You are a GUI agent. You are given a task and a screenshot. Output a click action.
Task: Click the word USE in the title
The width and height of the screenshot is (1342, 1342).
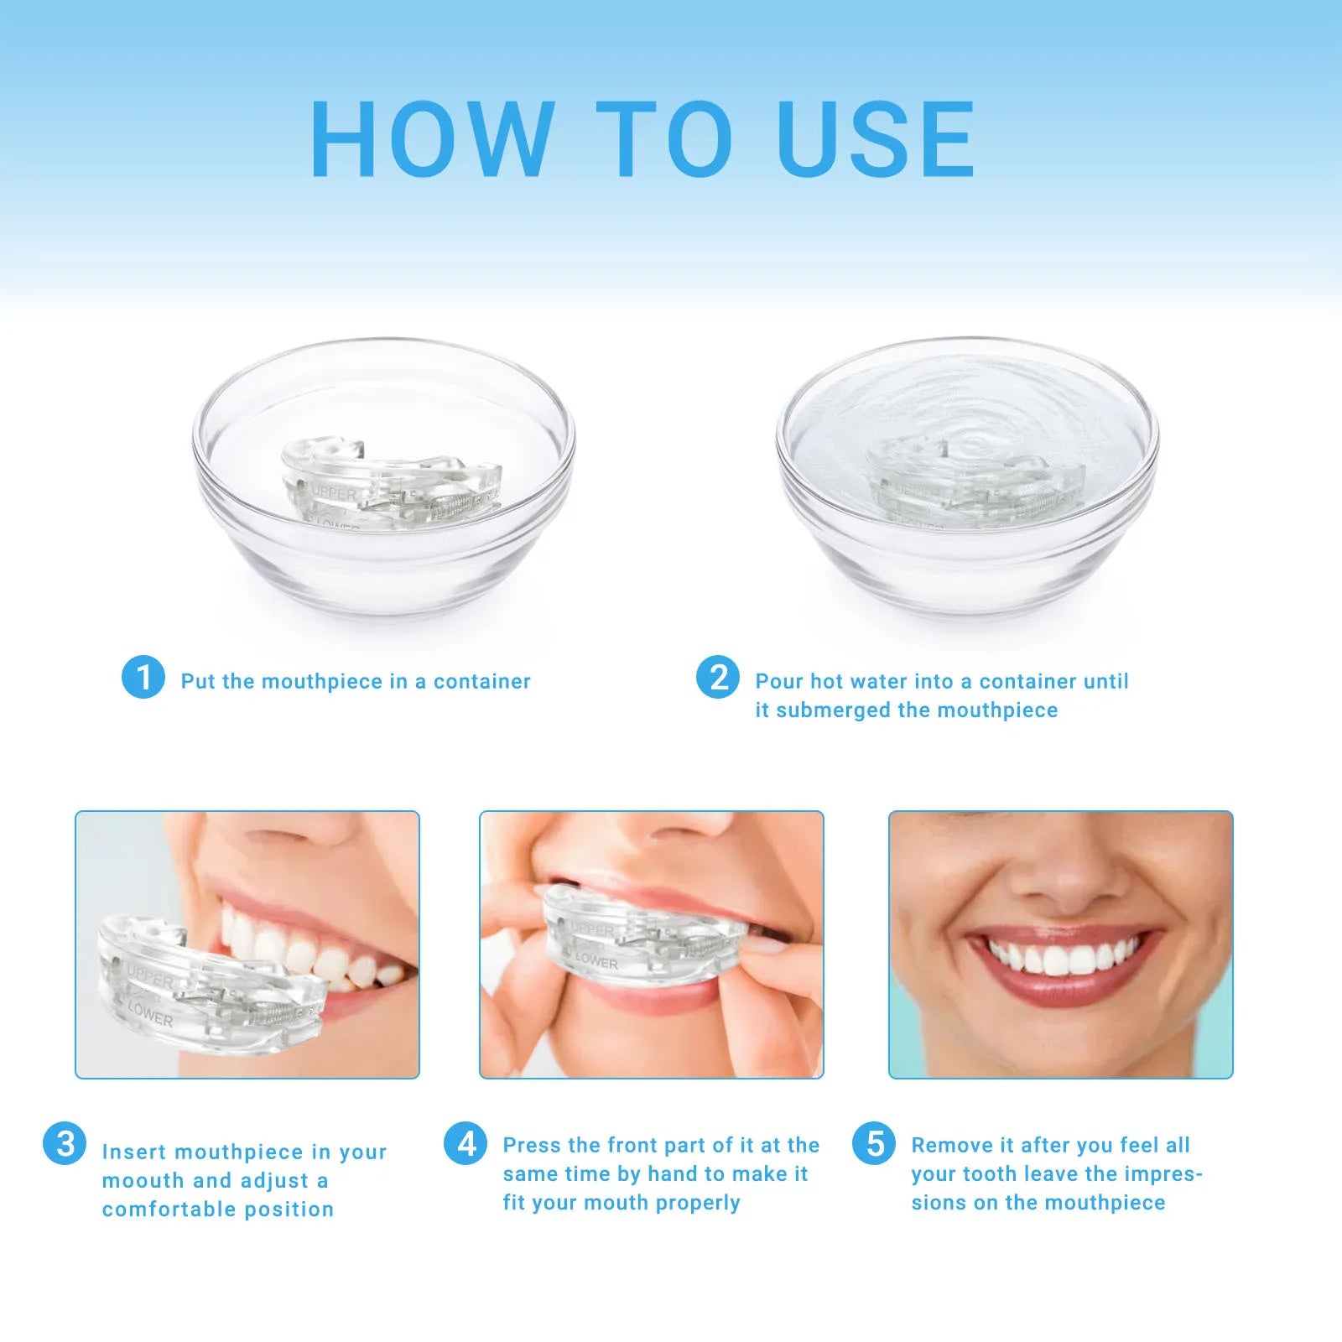coord(876,139)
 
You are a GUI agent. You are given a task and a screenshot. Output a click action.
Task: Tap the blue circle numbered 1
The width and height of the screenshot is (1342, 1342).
coord(143,677)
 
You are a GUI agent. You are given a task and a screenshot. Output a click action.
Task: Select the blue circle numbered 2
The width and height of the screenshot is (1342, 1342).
coord(718,677)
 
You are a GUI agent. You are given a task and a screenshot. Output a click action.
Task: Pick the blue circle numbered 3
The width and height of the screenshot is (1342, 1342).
coord(65,1144)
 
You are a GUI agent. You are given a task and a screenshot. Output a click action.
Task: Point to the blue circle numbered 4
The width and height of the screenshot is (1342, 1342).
coord(466,1144)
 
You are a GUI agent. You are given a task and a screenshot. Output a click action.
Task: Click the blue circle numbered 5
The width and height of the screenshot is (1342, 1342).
coord(874,1144)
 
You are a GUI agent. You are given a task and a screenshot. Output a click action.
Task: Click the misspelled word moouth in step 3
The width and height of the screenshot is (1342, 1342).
coord(143,1181)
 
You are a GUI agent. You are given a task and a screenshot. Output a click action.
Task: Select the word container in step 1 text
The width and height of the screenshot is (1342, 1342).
coord(481,681)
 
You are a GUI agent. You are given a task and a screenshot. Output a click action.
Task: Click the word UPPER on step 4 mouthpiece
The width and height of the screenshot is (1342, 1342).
coord(592,929)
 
